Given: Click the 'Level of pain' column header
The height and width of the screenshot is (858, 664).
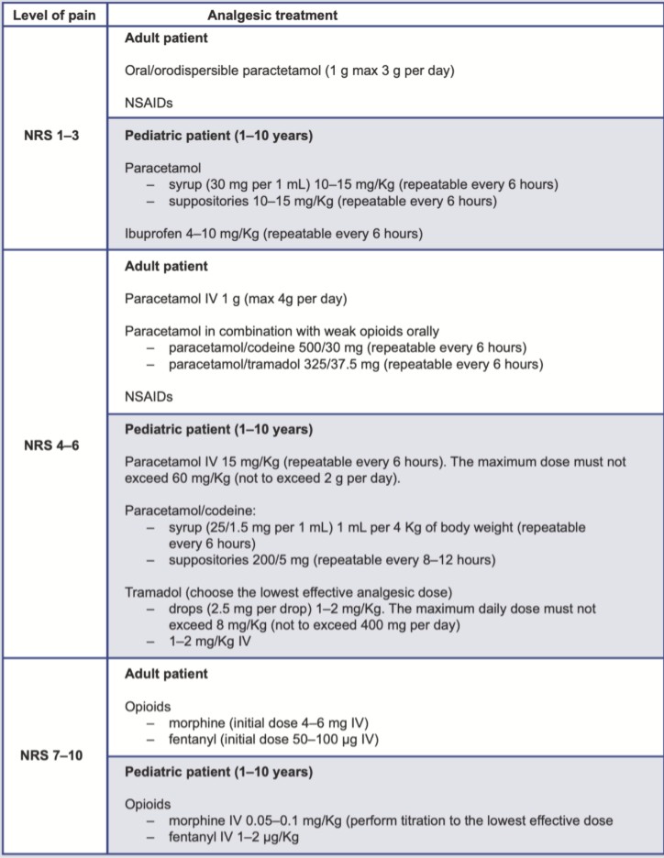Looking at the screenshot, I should pos(53,15).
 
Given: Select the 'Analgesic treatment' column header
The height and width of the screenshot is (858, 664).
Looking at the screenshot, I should pos(272,15).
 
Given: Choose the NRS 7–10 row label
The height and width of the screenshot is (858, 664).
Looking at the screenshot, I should pos(53,755).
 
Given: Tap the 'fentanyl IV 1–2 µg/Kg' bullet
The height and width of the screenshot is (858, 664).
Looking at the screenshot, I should pos(230,836).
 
